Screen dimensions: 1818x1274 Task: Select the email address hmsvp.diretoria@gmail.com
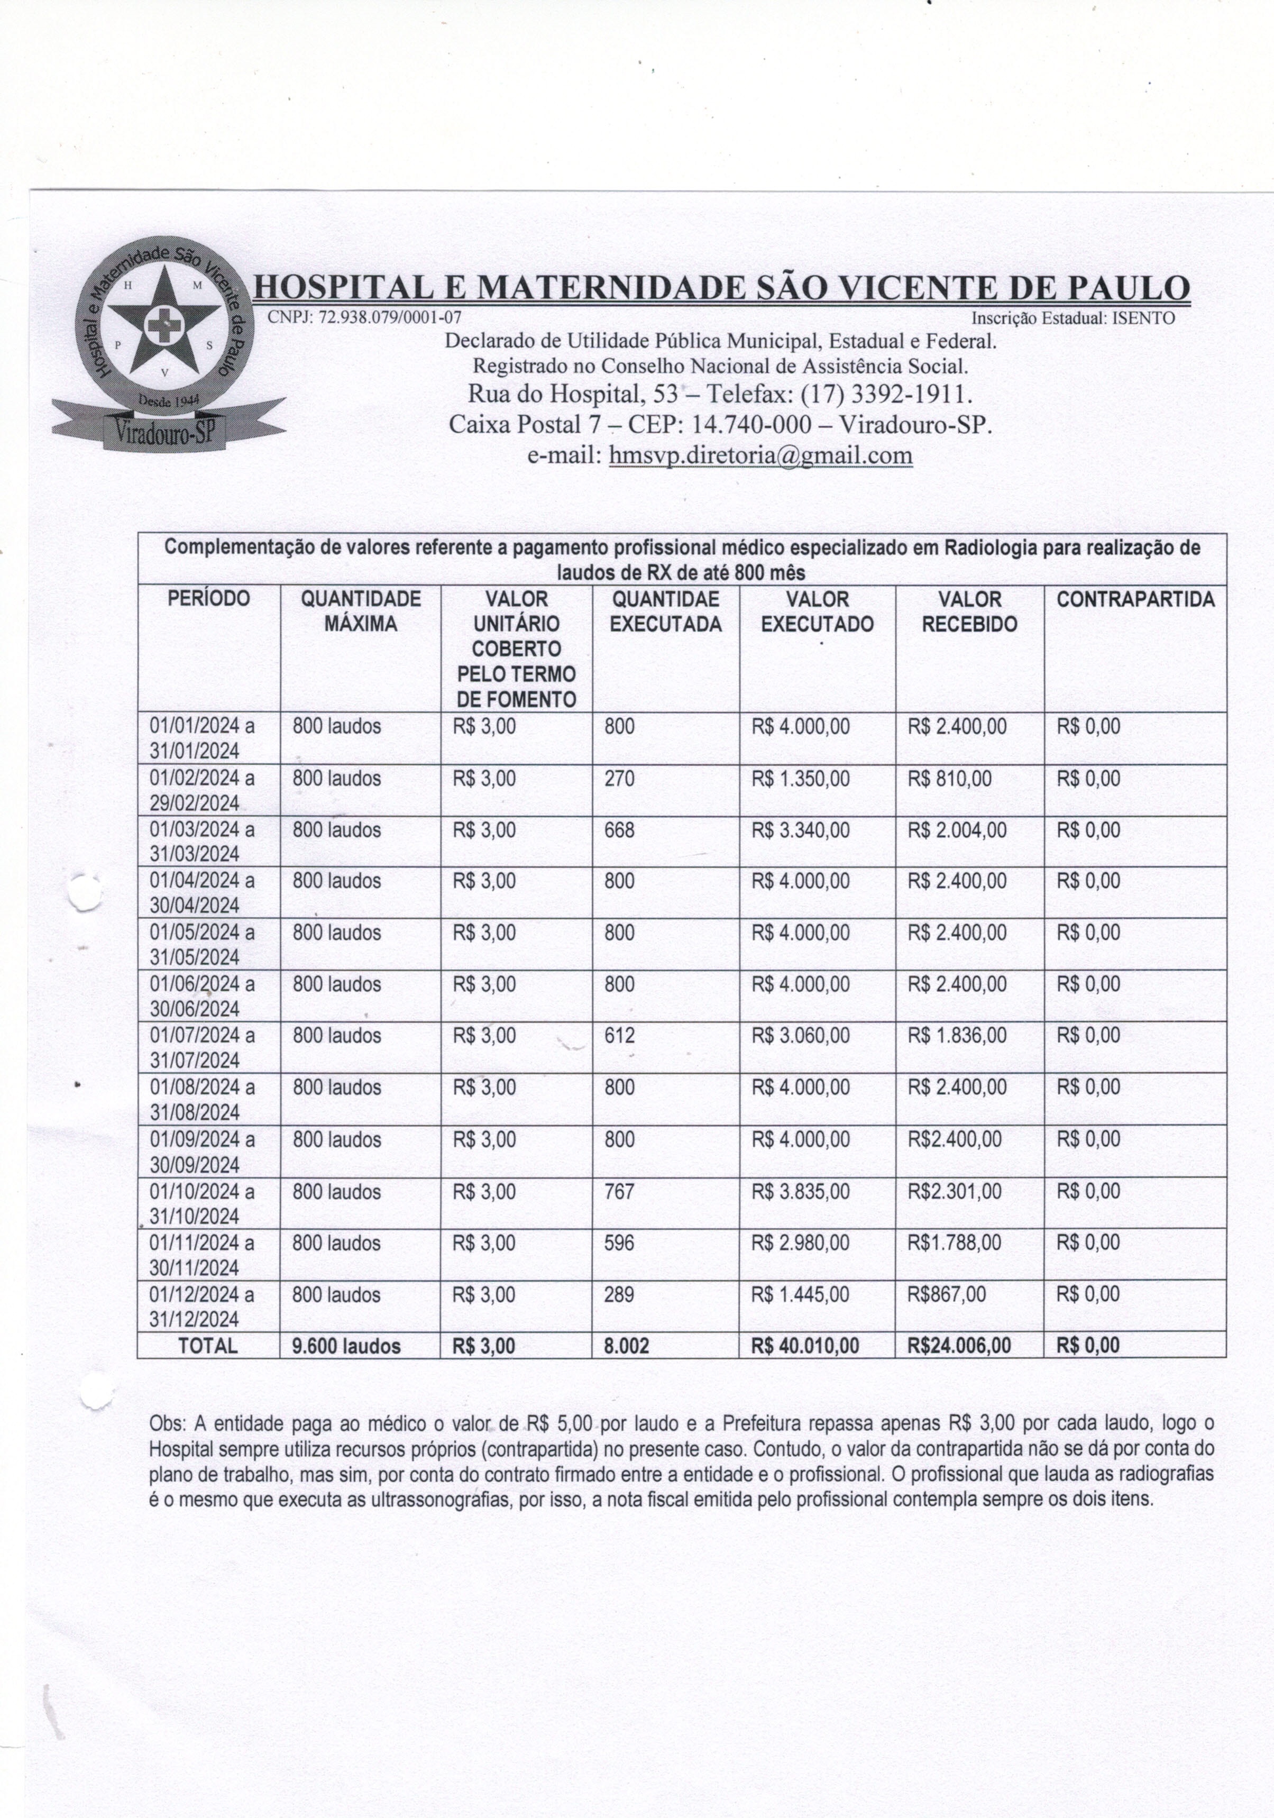760,455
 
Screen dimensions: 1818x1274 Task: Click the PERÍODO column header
208,599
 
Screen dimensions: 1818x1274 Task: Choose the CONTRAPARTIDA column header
1134,599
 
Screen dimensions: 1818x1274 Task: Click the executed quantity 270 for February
619,779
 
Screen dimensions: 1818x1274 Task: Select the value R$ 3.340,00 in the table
801,830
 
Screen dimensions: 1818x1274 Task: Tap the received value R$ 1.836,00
957,1036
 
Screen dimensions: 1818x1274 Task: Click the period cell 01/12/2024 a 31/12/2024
202,1307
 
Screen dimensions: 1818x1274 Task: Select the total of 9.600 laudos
346,1345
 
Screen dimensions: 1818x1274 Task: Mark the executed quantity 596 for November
619,1243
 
